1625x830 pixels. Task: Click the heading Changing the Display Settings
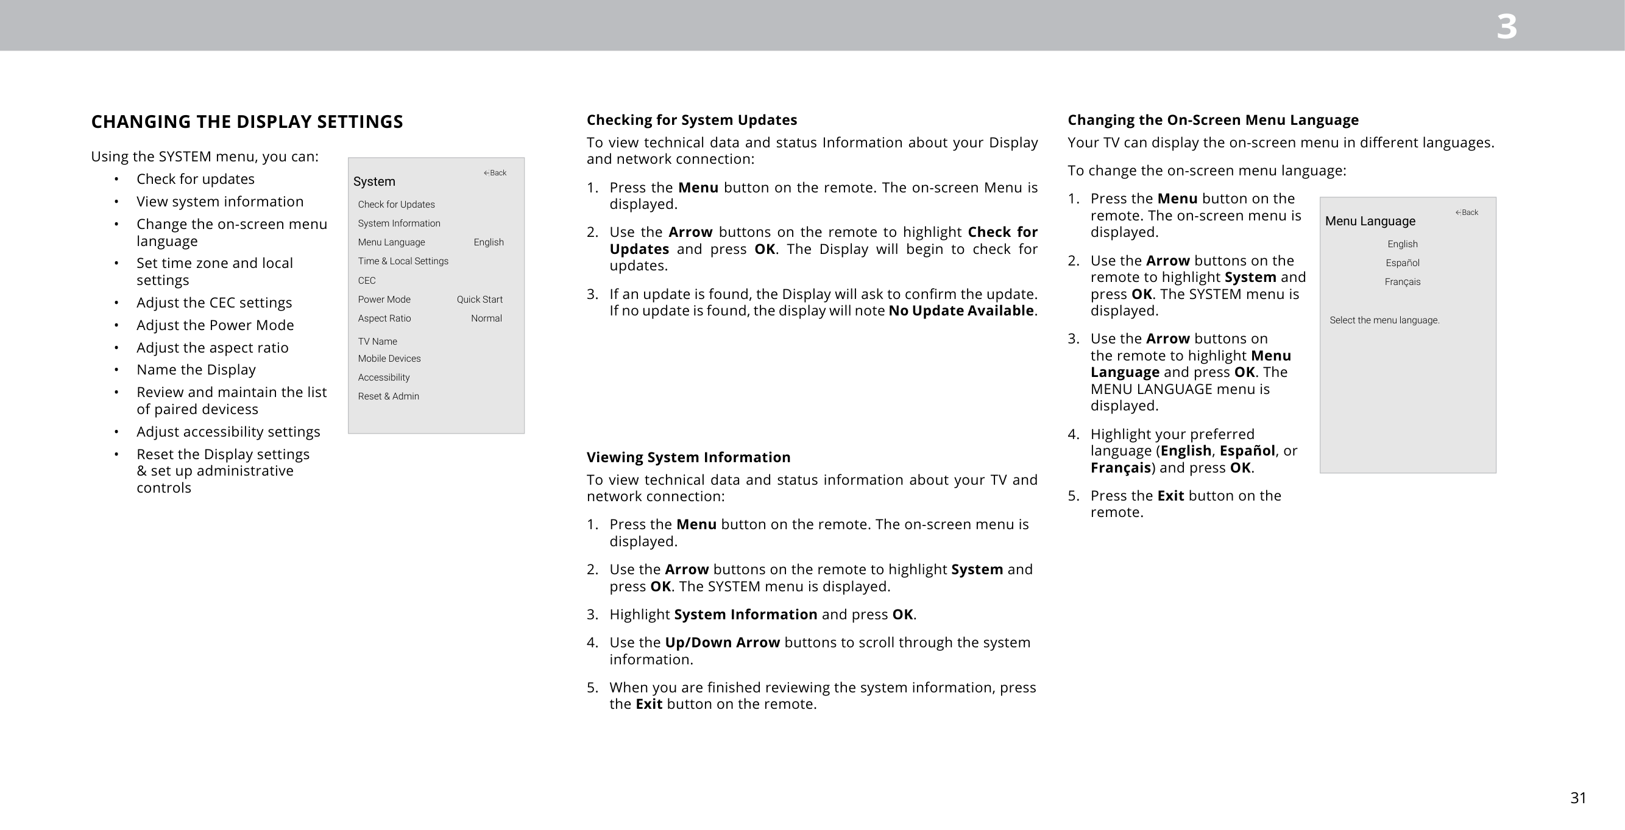pos(247,122)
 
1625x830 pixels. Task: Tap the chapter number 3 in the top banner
pos(1506,27)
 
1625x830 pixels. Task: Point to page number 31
pos(1577,798)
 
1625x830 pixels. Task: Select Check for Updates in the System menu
pos(396,205)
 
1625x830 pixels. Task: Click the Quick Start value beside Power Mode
pos(480,300)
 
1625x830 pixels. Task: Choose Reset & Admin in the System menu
pos(389,396)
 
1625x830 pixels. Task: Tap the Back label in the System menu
pos(495,173)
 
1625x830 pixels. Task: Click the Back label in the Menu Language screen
pos(1467,213)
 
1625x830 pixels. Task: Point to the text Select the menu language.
pos(1384,320)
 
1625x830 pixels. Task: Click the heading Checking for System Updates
pos(692,120)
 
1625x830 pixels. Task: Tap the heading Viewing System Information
pos(689,457)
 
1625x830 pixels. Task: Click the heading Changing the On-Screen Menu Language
pos(1213,120)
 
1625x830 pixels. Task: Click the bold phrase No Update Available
pos(961,311)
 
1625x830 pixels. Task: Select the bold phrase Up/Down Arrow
pos(722,642)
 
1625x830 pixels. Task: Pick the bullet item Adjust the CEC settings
pos(214,303)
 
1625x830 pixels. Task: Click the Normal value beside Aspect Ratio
pos(486,318)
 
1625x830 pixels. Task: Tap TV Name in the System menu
pos(377,341)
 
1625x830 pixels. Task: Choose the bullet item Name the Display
pos(196,370)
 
